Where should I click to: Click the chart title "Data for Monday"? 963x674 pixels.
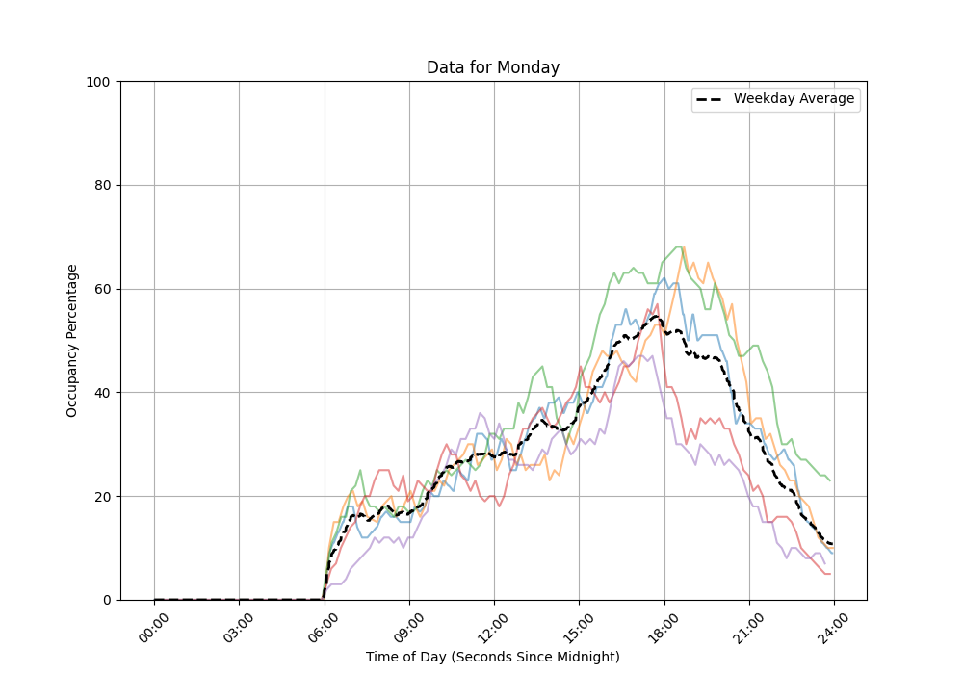click(x=493, y=68)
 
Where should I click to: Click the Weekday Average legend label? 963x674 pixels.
click(x=794, y=99)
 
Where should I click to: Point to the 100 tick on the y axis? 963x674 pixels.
click(x=99, y=82)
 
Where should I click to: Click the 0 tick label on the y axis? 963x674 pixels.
click(x=107, y=600)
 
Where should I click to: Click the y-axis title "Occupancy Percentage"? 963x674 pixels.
click(x=72, y=341)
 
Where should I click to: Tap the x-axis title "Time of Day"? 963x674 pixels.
click(x=493, y=657)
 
